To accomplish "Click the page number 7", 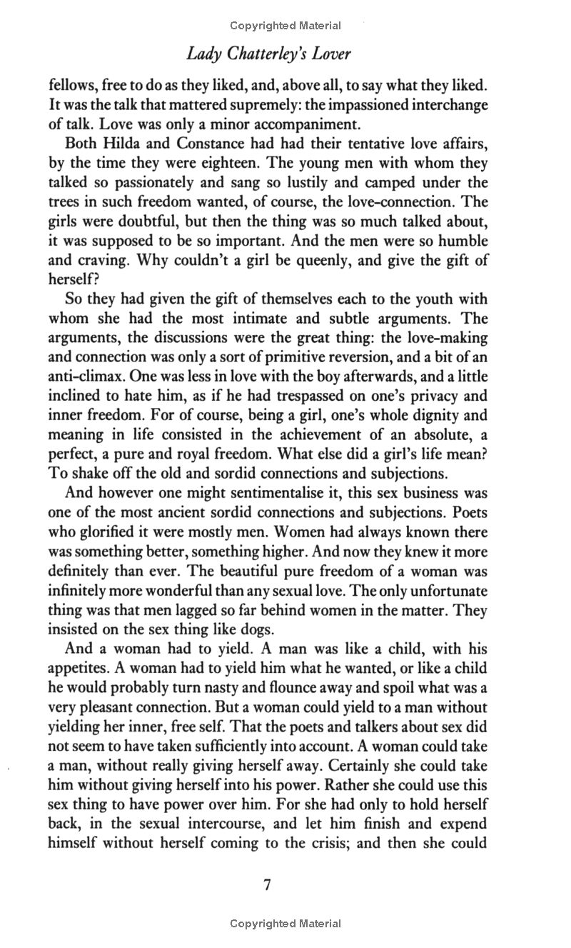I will click(x=268, y=885).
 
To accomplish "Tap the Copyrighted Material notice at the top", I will click(x=285, y=26).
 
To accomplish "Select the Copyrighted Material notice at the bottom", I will click(x=285, y=924).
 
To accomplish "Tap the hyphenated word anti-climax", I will click(x=85, y=376).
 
